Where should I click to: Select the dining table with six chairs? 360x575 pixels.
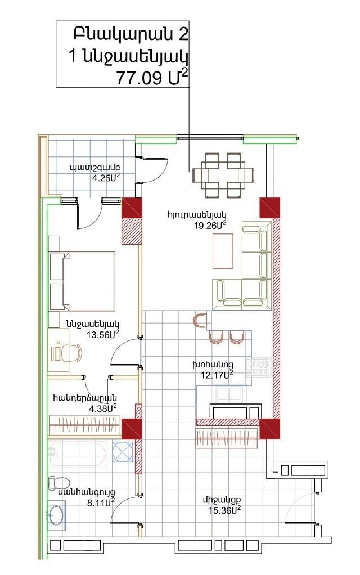point(223,176)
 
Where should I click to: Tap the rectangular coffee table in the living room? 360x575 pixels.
point(223,251)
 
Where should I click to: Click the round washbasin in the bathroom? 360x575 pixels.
point(57,515)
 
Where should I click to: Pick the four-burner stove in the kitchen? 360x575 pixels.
point(262,368)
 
